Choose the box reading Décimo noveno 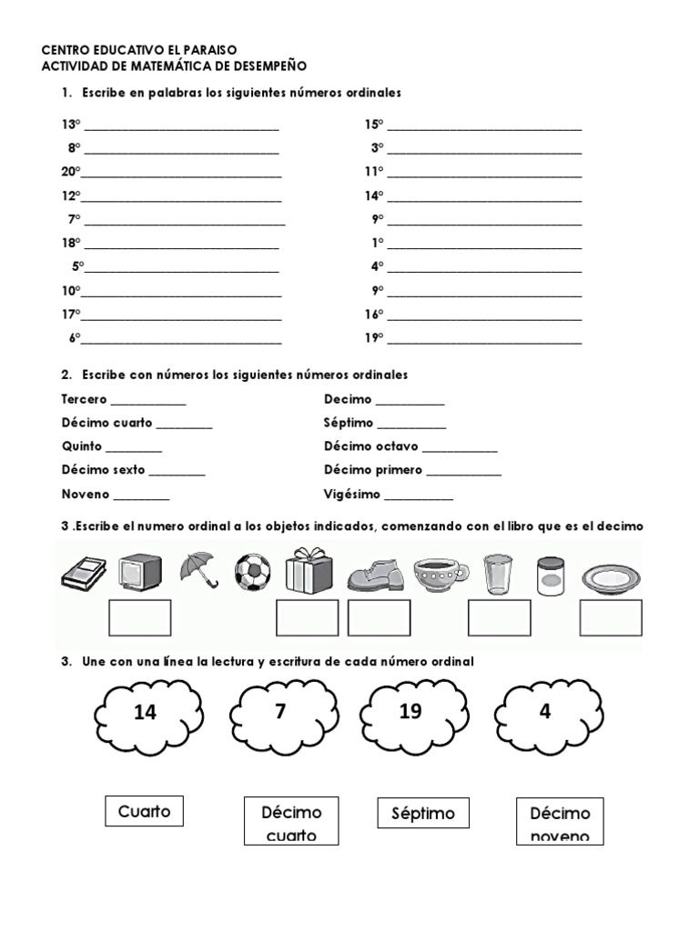[560, 822]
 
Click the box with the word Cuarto [144, 811]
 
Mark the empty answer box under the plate [611, 617]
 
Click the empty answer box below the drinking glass [499, 617]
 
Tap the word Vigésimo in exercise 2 [352, 495]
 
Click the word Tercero [84, 399]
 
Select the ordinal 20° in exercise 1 [71, 171]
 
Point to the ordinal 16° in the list [374, 314]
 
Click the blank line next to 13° [181, 126]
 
